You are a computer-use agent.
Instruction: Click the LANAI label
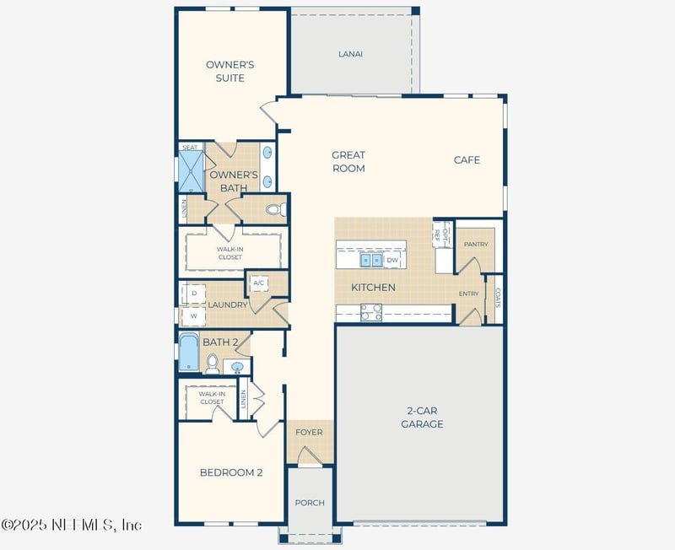point(350,54)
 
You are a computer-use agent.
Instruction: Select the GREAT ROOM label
point(348,161)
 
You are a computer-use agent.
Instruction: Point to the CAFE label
point(467,159)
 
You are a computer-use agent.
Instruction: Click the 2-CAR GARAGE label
point(422,418)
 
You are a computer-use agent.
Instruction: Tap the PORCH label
point(310,503)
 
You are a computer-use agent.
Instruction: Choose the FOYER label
point(309,432)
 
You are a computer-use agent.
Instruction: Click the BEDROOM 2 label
point(230,472)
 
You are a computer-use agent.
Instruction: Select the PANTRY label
point(476,244)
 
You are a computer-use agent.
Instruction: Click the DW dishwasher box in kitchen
point(392,261)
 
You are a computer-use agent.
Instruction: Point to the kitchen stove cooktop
point(370,312)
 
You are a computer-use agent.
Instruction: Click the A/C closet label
point(259,283)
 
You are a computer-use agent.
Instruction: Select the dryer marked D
point(193,293)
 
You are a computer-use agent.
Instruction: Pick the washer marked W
point(193,315)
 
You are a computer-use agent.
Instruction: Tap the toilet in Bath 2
point(212,364)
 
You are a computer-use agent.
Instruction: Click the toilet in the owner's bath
point(274,209)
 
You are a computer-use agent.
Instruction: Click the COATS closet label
point(497,299)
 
